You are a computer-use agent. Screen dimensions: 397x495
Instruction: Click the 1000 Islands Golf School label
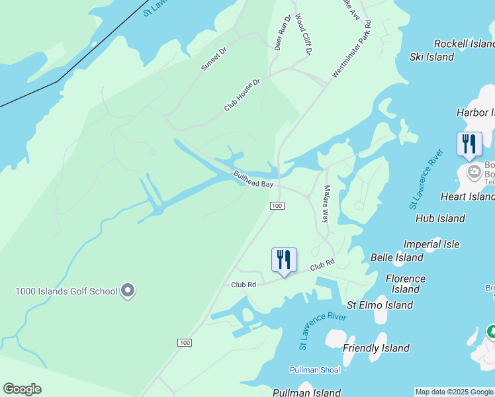(66, 291)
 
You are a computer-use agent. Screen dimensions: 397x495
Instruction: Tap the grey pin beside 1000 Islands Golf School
(128, 290)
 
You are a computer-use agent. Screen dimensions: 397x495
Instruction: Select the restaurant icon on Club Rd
(284, 259)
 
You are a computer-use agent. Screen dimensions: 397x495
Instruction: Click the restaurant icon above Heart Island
(469, 144)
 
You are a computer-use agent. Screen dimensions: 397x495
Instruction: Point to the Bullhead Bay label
(253, 179)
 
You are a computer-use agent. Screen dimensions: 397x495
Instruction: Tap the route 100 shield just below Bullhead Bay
(277, 207)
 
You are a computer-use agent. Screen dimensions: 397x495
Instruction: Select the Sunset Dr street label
(214, 59)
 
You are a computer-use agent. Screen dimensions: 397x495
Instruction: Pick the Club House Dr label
(243, 95)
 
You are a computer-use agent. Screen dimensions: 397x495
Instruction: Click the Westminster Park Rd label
(352, 49)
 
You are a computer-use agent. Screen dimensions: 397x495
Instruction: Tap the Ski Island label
(431, 57)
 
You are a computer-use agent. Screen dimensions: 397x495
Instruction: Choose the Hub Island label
(440, 218)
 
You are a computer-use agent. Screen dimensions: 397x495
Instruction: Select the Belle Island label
(397, 257)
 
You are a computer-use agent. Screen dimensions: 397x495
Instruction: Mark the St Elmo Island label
(380, 305)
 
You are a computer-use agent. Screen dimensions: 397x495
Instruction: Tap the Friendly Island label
(376, 348)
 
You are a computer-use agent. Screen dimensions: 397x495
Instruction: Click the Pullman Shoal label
(315, 370)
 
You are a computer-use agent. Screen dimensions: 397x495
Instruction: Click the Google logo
(22, 389)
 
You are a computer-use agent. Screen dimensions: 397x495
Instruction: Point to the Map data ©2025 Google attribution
(454, 392)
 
